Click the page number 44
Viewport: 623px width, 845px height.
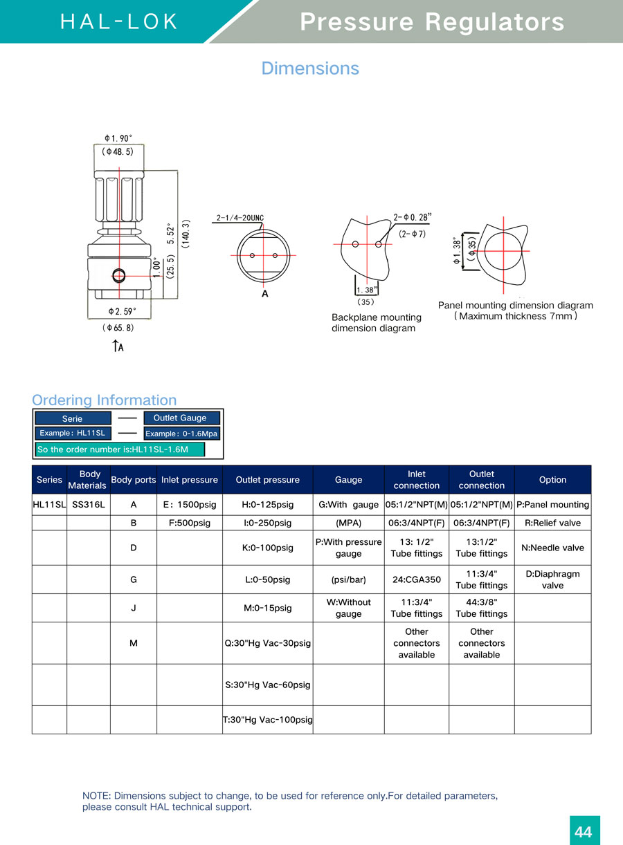584,831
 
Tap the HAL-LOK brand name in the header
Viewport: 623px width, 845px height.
120,21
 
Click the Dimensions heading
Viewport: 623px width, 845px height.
310,68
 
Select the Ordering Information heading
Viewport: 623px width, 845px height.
104,400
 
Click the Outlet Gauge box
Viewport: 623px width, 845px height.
181,418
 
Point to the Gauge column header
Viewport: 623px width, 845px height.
348,480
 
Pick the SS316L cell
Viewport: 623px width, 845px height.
88,505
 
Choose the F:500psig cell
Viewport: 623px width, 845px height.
189,523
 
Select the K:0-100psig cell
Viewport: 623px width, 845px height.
267,548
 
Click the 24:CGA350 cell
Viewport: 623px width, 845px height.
416,579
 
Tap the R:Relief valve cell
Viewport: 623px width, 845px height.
552,523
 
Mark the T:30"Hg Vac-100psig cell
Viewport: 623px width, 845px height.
267,720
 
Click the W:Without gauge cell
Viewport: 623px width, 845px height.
348,608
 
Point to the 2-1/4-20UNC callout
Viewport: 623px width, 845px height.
240,219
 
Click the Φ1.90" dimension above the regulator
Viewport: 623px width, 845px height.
118,138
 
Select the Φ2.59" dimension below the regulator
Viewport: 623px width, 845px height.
122,312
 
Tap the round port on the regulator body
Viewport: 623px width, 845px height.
118,276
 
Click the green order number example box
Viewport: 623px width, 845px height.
120,449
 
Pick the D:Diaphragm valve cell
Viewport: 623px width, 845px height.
552,579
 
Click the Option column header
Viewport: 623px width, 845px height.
552,480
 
